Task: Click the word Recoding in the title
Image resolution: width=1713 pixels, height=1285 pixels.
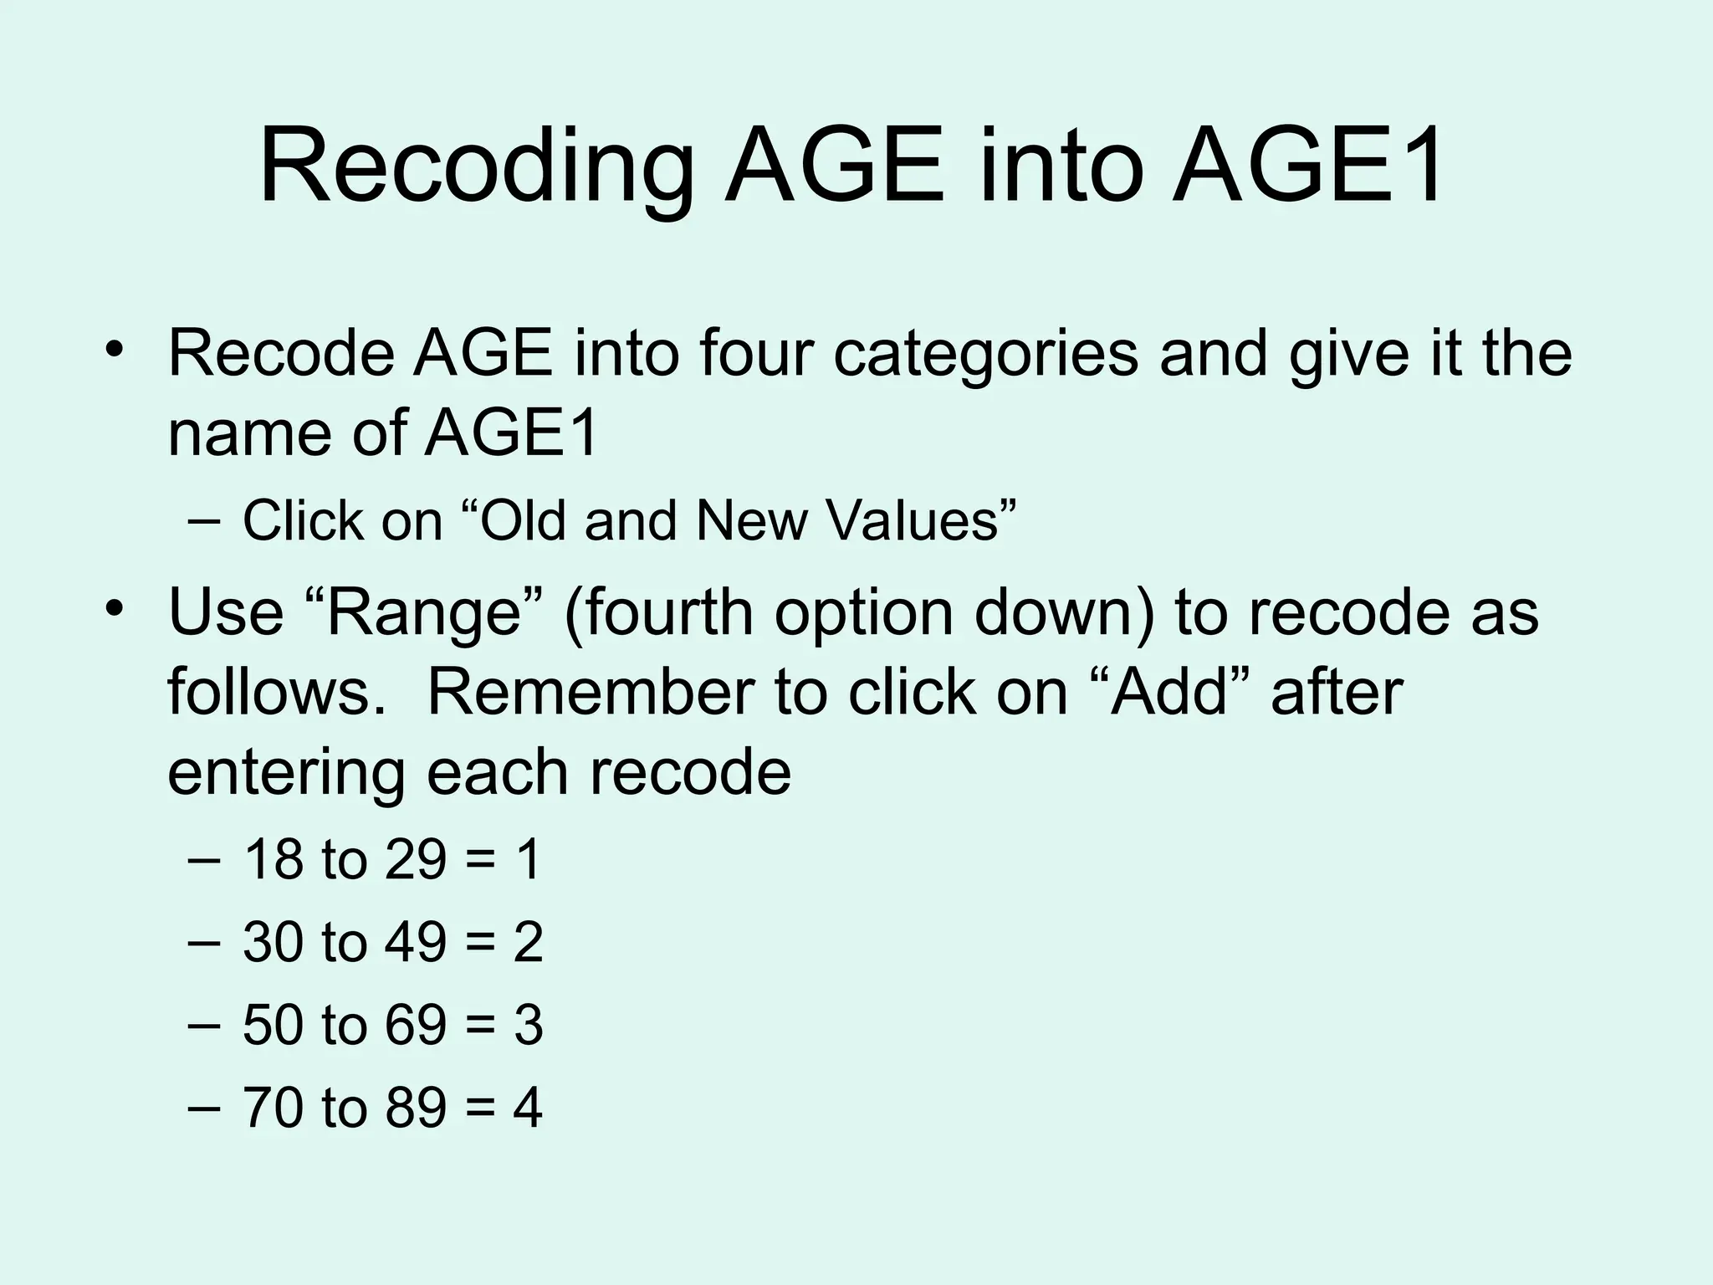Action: pos(477,167)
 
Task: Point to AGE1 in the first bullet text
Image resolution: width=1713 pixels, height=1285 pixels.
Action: pos(511,433)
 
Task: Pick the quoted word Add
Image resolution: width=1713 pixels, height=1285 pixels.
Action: pos(1168,693)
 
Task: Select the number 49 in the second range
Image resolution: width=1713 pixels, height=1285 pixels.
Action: pos(416,942)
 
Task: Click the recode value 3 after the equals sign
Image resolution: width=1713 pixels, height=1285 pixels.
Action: pos(528,1025)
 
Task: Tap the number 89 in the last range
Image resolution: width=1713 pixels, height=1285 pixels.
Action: pos(416,1108)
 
